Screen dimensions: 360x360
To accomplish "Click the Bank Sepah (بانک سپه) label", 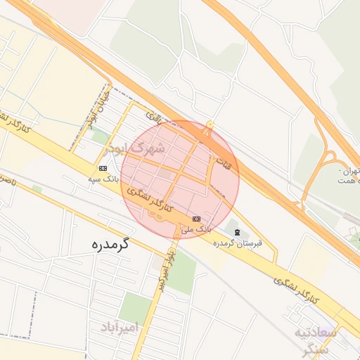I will click(103, 179).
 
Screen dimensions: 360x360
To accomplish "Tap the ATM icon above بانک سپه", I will click(103, 168).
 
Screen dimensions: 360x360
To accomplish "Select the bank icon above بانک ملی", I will click(196, 219).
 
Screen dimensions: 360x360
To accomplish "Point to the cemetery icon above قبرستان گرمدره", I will click(237, 232).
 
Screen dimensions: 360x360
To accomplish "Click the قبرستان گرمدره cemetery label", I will click(238, 243).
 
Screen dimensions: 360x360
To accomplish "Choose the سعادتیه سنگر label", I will click(318, 339).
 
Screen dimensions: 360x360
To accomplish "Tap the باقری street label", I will click(153, 117).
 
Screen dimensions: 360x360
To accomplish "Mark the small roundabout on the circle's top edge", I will click(210, 125).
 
